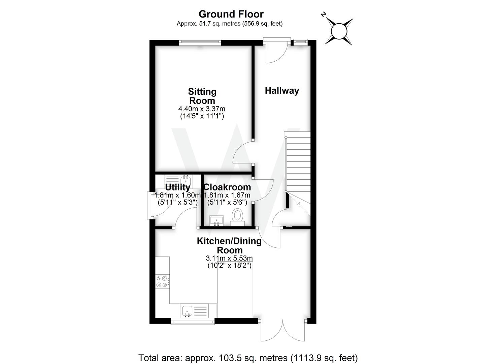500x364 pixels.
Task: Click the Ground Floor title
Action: [231, 14]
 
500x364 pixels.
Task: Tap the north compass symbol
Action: [339, 31]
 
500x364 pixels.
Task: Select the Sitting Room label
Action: [202, 96]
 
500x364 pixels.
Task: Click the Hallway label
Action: [282, 91]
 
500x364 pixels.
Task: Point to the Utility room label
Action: [177, 187]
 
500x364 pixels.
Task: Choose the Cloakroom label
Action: [227, 187]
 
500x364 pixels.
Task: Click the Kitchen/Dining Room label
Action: [229, 245]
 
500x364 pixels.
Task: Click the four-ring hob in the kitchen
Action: [162, 282]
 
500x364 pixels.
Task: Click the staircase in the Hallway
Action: [298, 162]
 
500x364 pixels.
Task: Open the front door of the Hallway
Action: [276, 51]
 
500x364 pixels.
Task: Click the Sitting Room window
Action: [200, 42]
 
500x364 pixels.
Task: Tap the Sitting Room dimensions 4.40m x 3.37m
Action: [202, 109]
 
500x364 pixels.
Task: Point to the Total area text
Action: [248, 358]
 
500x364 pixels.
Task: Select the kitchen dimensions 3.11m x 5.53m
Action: [229, 258]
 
